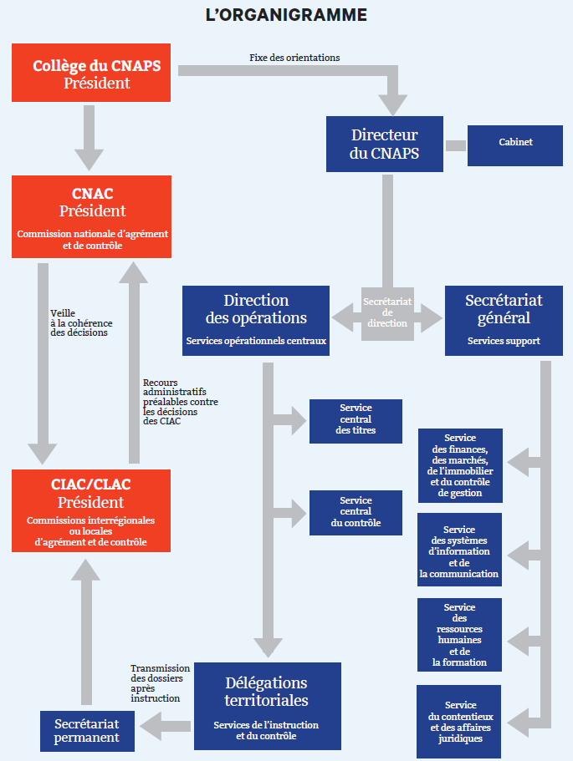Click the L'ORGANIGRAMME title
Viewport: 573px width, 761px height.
[286, 15]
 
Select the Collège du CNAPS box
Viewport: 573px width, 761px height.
[91, 73]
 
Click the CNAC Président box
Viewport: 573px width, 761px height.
[92, 216]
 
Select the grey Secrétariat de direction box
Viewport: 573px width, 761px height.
[388, 312]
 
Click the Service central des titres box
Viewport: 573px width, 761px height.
[356, 419]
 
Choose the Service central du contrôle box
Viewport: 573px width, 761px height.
[356, 512]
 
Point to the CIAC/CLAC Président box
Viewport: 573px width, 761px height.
[91, 510]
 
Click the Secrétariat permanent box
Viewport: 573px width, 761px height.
[87, 730]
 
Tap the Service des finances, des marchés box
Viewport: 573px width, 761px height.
[460, 465]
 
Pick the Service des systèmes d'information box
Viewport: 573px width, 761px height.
[459, 551]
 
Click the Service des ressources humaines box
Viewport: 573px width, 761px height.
[459, 634]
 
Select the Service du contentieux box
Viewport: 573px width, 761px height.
[459, 721]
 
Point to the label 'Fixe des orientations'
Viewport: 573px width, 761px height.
[294, 57]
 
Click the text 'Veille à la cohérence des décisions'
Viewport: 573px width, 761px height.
[81, 322]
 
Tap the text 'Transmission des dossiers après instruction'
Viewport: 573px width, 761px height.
[160, 682]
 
